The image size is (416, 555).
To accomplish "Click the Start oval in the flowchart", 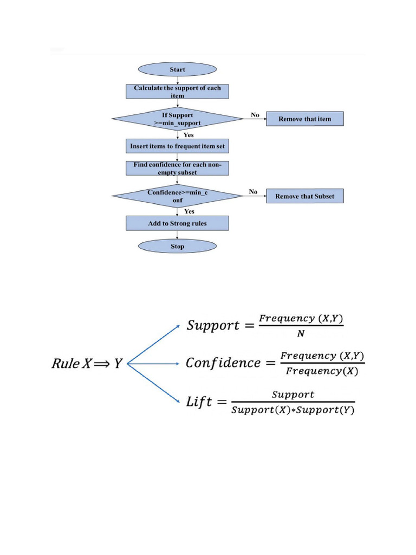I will [177, 69].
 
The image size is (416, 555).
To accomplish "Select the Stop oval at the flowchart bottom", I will [177, 247].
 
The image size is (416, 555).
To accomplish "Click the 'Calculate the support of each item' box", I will [177, 91].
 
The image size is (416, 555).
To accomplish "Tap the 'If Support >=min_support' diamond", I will [177, 119].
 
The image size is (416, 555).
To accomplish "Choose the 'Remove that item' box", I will [304, 119].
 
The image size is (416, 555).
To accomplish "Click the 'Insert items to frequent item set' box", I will [177, 146].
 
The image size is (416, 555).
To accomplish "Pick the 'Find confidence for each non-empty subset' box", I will [177, 168].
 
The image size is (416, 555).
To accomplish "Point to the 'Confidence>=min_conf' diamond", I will [177, 196].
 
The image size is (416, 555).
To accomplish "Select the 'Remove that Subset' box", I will [304, 196].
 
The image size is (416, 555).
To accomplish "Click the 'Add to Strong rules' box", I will [177, 223].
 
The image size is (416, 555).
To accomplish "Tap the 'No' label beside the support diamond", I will [255, 115].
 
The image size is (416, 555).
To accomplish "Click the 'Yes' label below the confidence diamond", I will [190, 211].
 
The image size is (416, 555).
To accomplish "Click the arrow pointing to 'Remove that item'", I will [255, 119].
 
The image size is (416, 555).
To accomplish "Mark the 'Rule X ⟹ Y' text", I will [87, 364].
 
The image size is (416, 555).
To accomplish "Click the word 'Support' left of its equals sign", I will [213, 326].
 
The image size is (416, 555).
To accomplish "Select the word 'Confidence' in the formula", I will [223, 363].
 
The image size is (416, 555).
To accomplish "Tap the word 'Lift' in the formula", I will [198, 402].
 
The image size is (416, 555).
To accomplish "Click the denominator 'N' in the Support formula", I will [301, 334].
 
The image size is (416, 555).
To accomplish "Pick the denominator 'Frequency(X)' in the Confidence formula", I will [322, 371].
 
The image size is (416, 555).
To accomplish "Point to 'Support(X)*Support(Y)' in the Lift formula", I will [292, 410].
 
